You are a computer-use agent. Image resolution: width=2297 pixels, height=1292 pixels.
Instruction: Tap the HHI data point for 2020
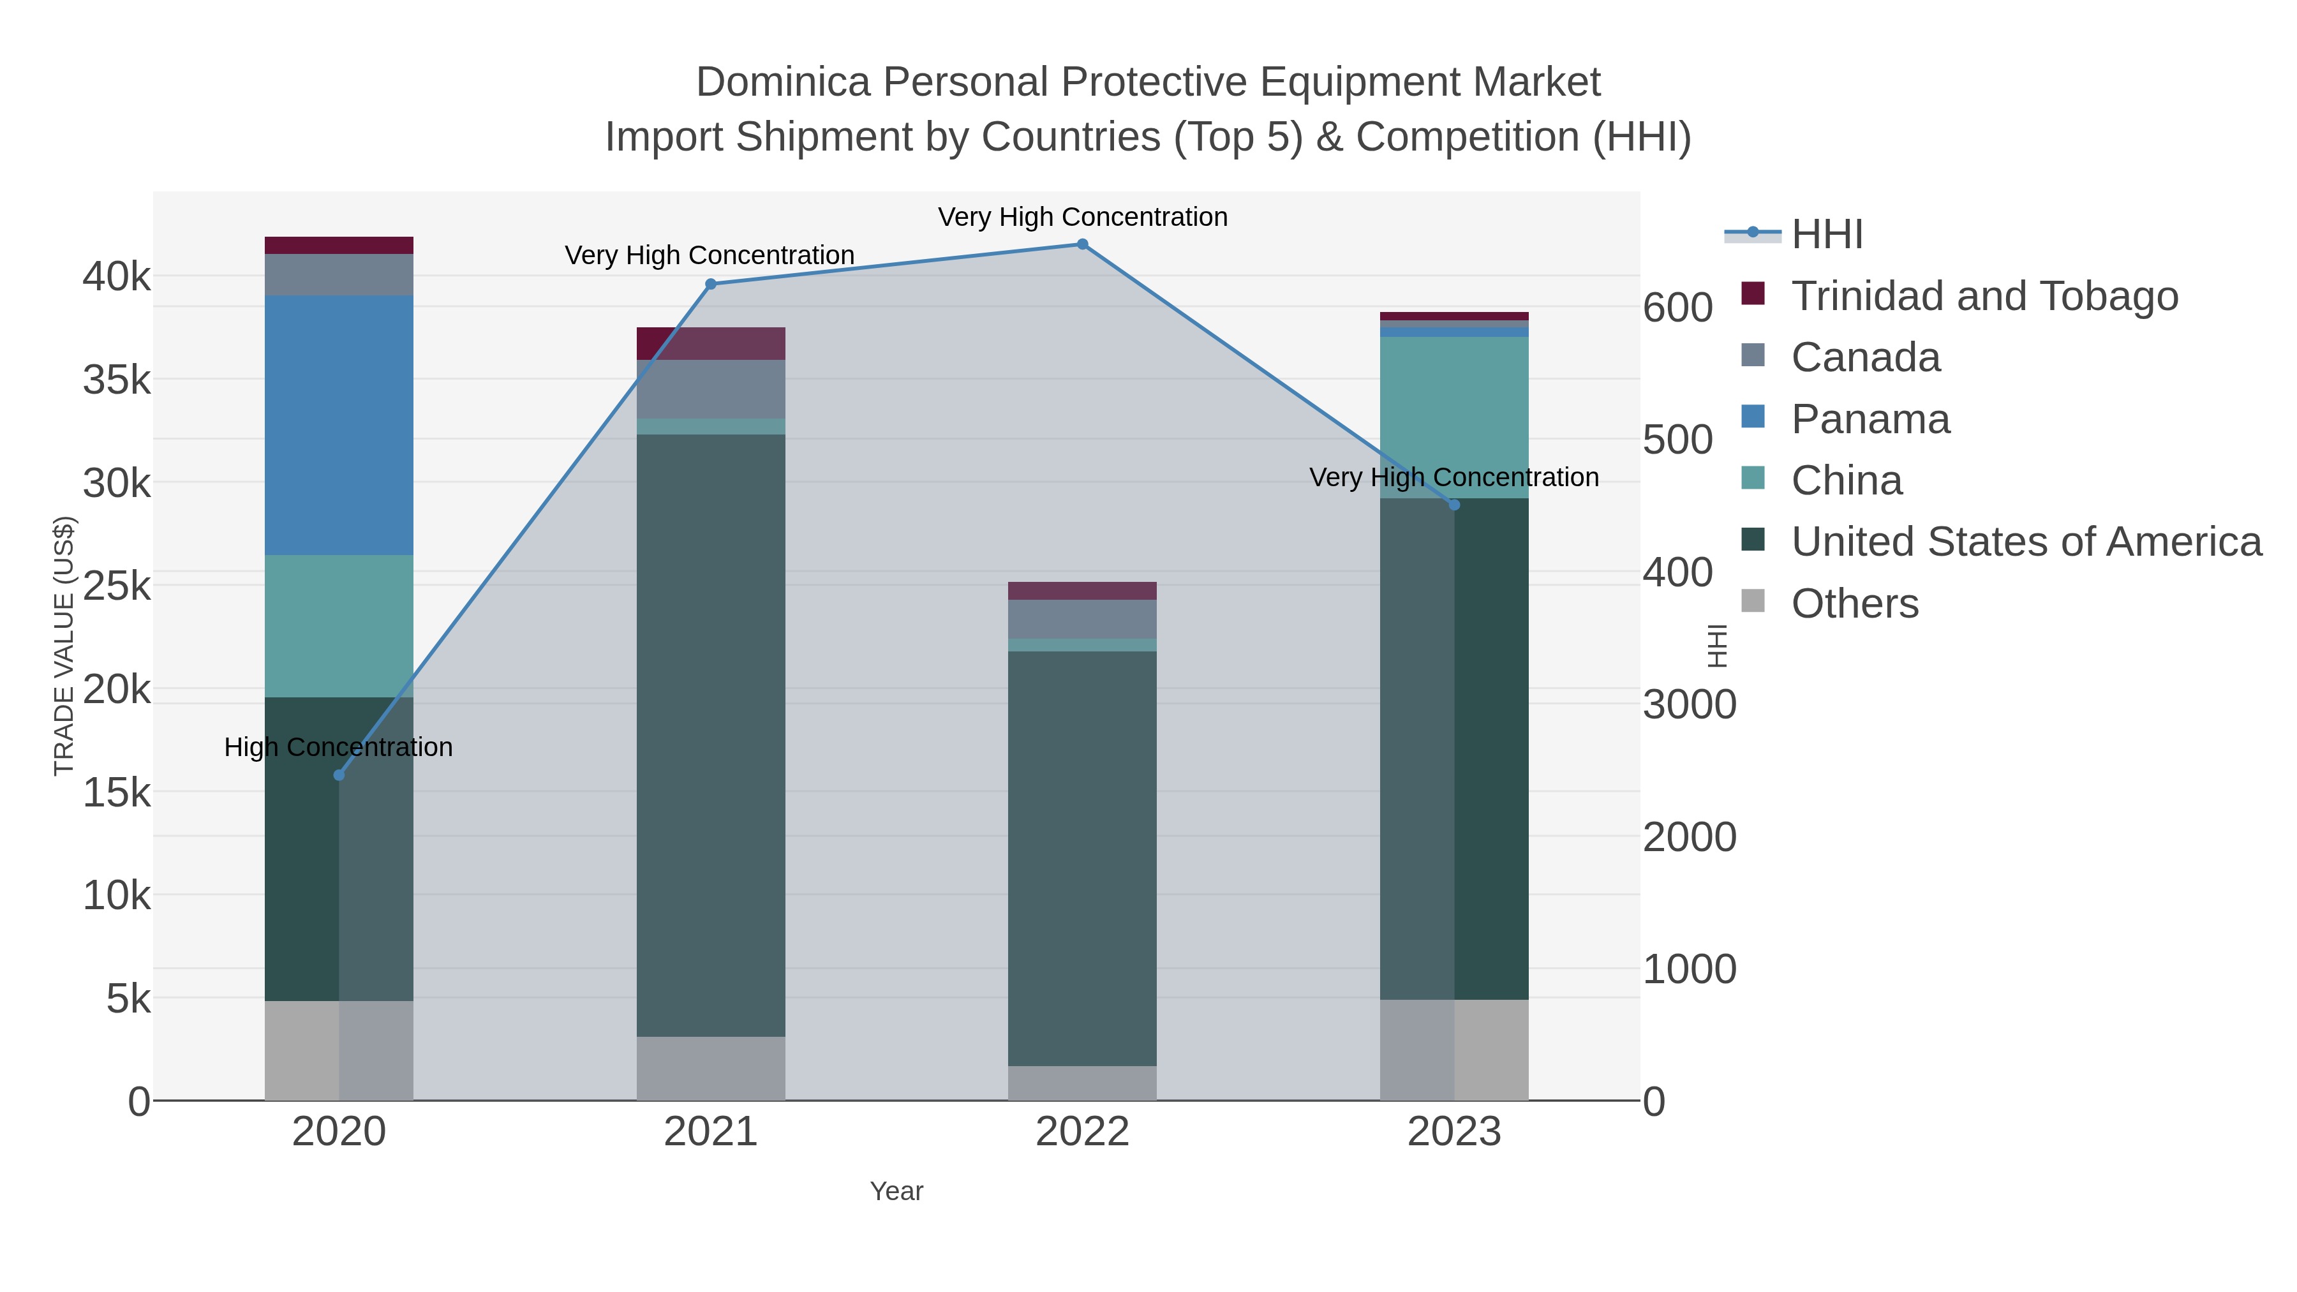tap(339, 775)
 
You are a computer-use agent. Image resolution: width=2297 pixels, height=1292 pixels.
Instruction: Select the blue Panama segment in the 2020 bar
tap(339, 426)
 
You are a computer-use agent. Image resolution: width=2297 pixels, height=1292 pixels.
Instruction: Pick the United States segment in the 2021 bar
tap(711, 735)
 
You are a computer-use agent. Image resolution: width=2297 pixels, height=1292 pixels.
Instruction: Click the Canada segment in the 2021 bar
tap(711, 389)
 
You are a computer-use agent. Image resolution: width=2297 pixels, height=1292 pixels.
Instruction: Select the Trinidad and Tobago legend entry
tap(1984, 296)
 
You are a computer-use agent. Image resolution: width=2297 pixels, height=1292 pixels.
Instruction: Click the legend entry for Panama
tap(1870, 419)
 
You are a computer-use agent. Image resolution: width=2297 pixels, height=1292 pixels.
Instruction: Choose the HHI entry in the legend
tap(1826, 235)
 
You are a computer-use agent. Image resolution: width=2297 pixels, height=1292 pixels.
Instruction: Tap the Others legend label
tap(1855, 604)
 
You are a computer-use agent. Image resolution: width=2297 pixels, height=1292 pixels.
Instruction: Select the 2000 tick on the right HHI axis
tap(1689, 837)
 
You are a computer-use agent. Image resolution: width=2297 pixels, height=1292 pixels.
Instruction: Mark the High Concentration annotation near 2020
tap(339, 747)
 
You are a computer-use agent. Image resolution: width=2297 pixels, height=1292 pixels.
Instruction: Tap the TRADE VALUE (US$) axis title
tap(64, 646)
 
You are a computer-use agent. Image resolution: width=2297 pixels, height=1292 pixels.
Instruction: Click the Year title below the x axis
tap(896, 1191)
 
